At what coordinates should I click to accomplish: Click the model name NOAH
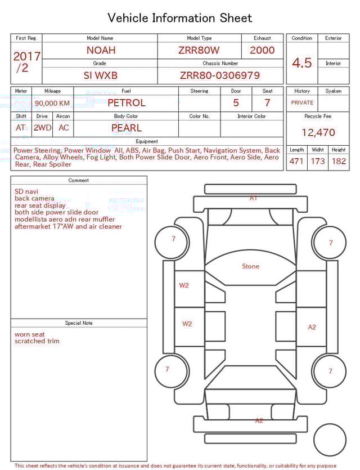tap(101, 50)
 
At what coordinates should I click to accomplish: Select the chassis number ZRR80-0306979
tap(219, 75)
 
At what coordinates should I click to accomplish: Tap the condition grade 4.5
tap(302, 62)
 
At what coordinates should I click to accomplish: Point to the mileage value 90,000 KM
tap(52, 103)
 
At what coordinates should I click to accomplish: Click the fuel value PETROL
tap(126, 103)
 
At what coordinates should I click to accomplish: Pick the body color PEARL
tap(126, 128)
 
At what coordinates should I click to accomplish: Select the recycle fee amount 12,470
tap(318, 133)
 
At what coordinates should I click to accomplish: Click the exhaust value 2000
tap(262, 50)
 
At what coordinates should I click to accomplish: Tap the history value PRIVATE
tap(302, 103)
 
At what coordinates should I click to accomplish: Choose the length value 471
tap(296, 161)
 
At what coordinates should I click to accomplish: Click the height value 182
tap(339, 161)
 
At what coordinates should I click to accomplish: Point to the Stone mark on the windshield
tap(250, 266)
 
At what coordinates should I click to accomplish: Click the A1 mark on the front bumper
tap(254, 198)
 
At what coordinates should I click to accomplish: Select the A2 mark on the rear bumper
tap(259, 420)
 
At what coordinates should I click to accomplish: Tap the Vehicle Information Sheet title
tap(180, 18)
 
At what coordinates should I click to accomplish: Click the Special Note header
tap(79, 323)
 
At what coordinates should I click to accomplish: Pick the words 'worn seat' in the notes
tap(30, 334)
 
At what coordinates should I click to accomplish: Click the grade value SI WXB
tap(101, 75)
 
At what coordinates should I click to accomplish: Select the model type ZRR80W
tap(199, 50)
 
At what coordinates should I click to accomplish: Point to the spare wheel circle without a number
tap(330, 440)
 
